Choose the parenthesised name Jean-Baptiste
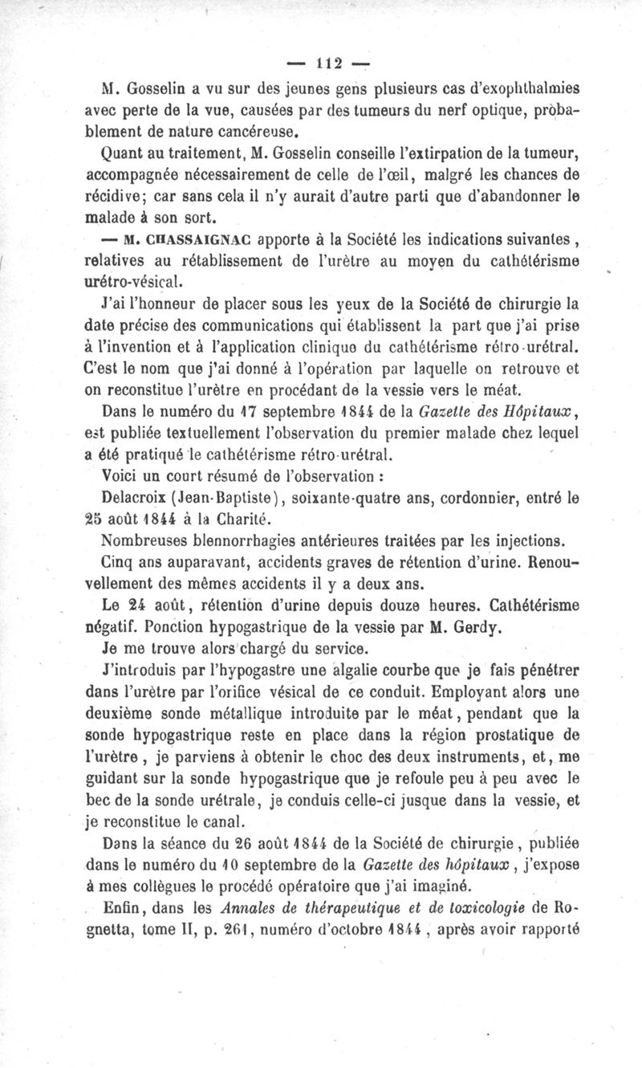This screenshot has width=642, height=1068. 212,499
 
